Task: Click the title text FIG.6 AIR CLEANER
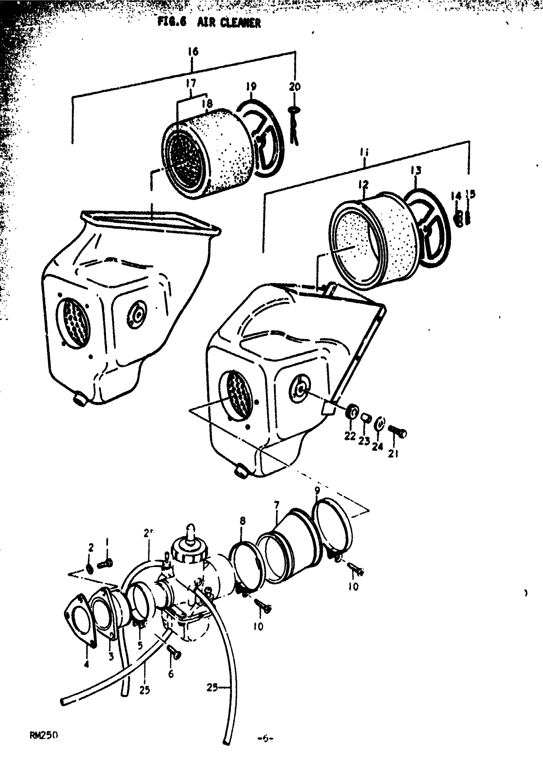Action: click(x=209, y=23)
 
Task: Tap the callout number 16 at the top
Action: click(x=193, y=52)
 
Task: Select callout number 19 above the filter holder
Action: click(x=251, y=87)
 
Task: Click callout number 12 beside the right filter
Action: click(x=363, y=184)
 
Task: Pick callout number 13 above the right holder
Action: click(x=416, y=171)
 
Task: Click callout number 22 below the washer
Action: click(x=350, y=436)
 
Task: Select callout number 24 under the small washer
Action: click(x=377, y=447)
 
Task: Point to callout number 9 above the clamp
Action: click(x=317, y=490)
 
